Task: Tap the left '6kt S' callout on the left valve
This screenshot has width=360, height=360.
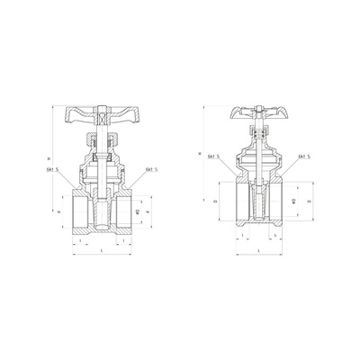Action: click(62, 169)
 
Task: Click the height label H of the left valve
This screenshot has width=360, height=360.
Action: click(50, 161)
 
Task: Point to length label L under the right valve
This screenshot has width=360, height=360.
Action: click(257, 250)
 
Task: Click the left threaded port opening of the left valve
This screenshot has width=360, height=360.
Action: click(77, 212)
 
